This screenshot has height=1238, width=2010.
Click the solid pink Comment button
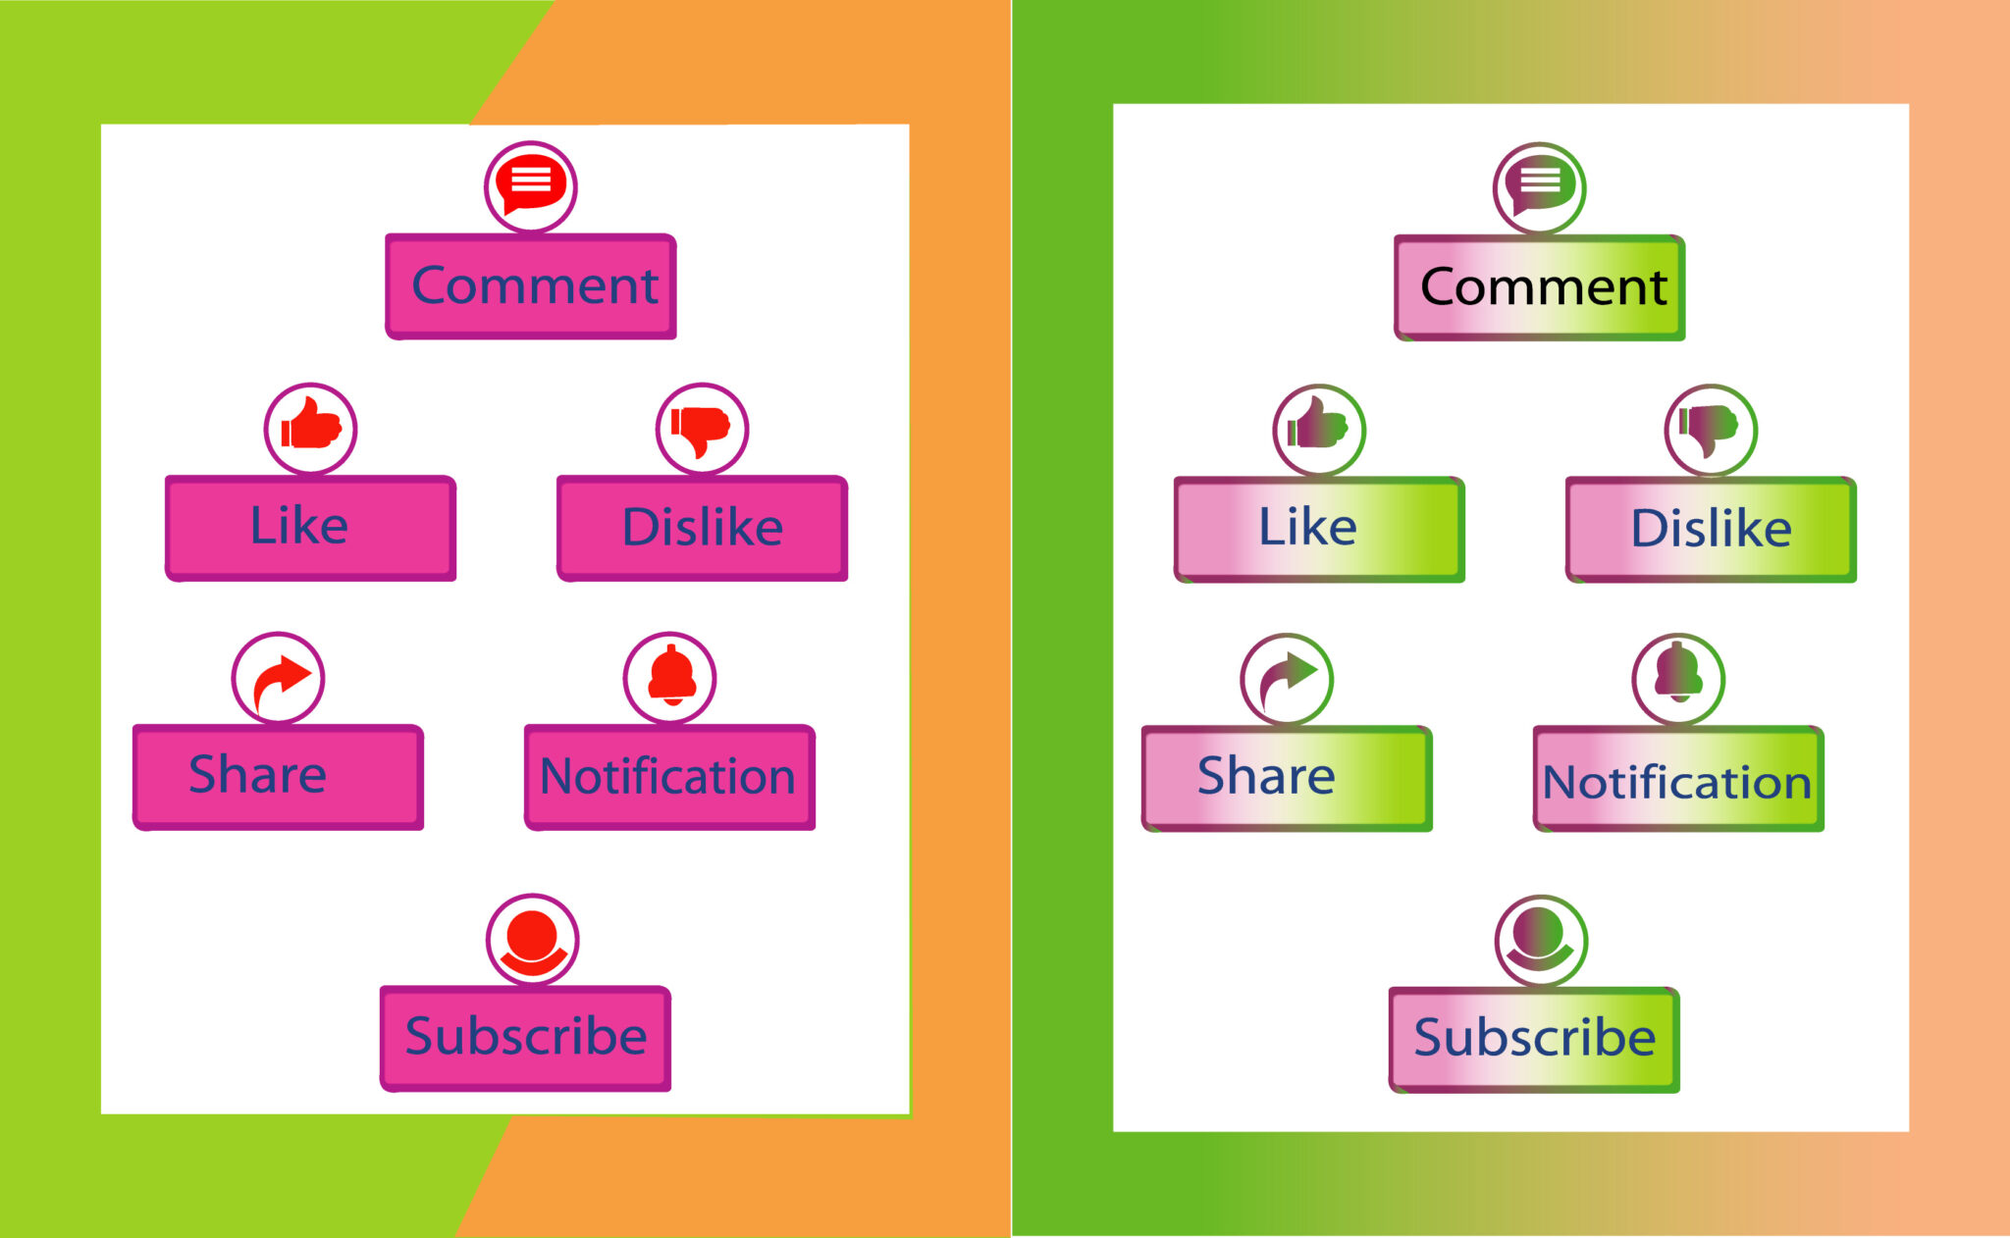tap(531, 286)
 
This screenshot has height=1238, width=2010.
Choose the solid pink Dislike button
tap(702, 529)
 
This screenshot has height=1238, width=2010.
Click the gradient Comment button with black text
tap(1540, 287)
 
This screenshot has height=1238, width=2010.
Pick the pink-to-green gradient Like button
tap(1319, 530)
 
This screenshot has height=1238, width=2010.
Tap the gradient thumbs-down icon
tap(1711, 430)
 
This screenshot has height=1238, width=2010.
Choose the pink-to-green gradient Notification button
tap(1678, 779)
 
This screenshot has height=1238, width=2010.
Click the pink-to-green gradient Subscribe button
tap(1534, 1040)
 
